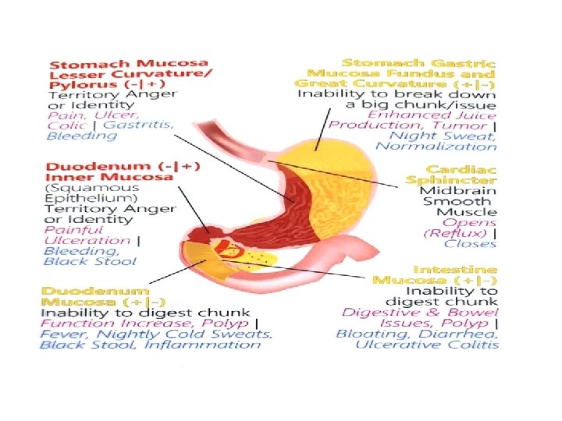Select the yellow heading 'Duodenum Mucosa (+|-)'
click(103, 296)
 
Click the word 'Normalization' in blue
click(449, 146)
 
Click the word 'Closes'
click(471, 243)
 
